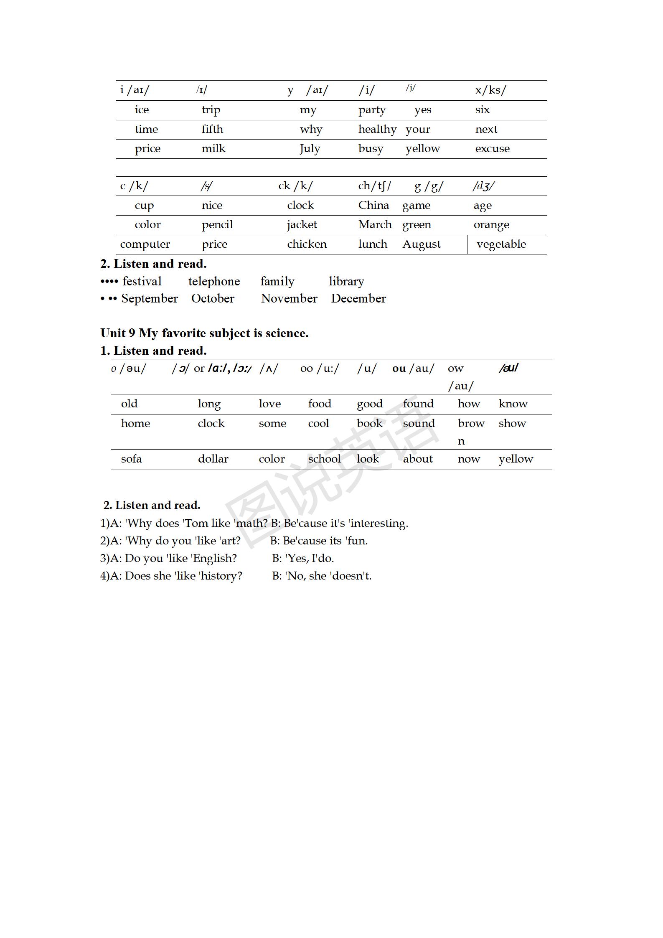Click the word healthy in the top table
[377, 130]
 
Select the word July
[310, 149]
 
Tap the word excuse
[492, 149]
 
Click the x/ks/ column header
[490, 90]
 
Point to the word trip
[211, 110]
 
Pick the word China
[373, 205]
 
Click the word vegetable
[501, 244]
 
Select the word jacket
[302, 225]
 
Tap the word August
[421, 244]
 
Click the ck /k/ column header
[295, 186]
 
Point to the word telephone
[214, 282]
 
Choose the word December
[358, 299]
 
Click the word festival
[142, 282]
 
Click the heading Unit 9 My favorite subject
[204, 333]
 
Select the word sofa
[131, 459]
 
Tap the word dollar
[213, 459]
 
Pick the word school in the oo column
[324, 459]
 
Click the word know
[513, 404]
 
